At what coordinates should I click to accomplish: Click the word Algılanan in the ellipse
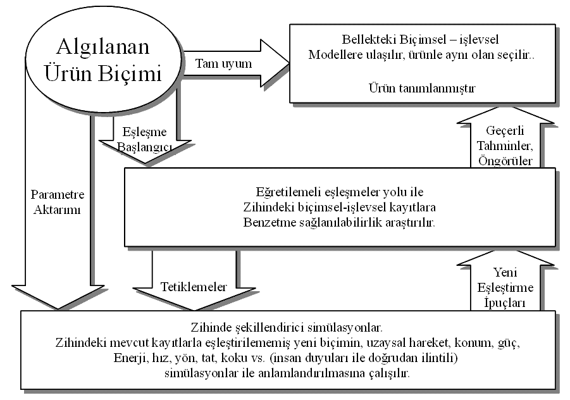(x=103, y=47)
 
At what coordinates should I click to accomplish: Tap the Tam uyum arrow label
(x=223, y=64)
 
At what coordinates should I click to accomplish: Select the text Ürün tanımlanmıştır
(x=422, y=88)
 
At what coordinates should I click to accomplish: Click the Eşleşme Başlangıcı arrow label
(x=144, y=139)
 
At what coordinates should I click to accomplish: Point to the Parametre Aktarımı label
(x=58, y=202)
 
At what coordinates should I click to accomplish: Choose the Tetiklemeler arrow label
(x=194, y=287)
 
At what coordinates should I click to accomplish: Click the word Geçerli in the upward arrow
(x=505, y=131)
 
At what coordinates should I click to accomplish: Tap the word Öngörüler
(x=505, y=161)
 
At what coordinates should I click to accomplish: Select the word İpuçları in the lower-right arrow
(x=505, y=303)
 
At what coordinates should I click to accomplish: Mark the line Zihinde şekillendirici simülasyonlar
(x=287, y=328)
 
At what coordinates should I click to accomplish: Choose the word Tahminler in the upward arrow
(x=505, y=146)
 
